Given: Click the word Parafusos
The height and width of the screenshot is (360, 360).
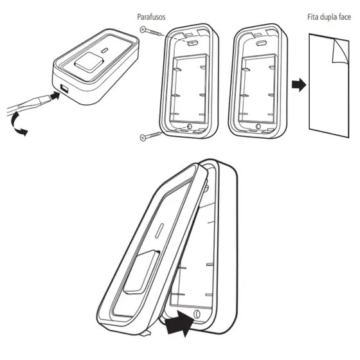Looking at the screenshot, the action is click(x=151, y=17).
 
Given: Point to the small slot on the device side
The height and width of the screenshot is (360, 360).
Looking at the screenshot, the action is click(x=64, y=88).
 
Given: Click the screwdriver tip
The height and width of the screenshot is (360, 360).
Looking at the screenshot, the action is click(x=46, y=99).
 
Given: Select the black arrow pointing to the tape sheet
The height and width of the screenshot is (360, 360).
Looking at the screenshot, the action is click(x=299, y=85).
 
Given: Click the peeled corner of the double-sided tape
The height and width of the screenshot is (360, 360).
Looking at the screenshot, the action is click(x=340, y=51).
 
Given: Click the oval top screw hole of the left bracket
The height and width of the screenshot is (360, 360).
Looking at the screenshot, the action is click(x=192, y=42).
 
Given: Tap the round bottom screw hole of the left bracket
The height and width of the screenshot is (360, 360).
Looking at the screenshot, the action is click(x=190, y=127).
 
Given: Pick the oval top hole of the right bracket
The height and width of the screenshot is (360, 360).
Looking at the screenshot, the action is click(x=261, y=42).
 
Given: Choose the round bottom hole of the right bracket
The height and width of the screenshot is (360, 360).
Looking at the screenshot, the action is click(x=258, y=126).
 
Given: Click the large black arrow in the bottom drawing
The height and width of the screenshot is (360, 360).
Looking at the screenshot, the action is click(x=180, y=323).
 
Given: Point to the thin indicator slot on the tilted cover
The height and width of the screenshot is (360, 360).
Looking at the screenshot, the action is click(x=159, y=231).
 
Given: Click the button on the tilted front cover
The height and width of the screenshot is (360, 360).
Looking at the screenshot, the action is click(x=141, y=273).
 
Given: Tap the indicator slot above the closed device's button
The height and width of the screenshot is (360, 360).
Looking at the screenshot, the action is click(x=105, y=51).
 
